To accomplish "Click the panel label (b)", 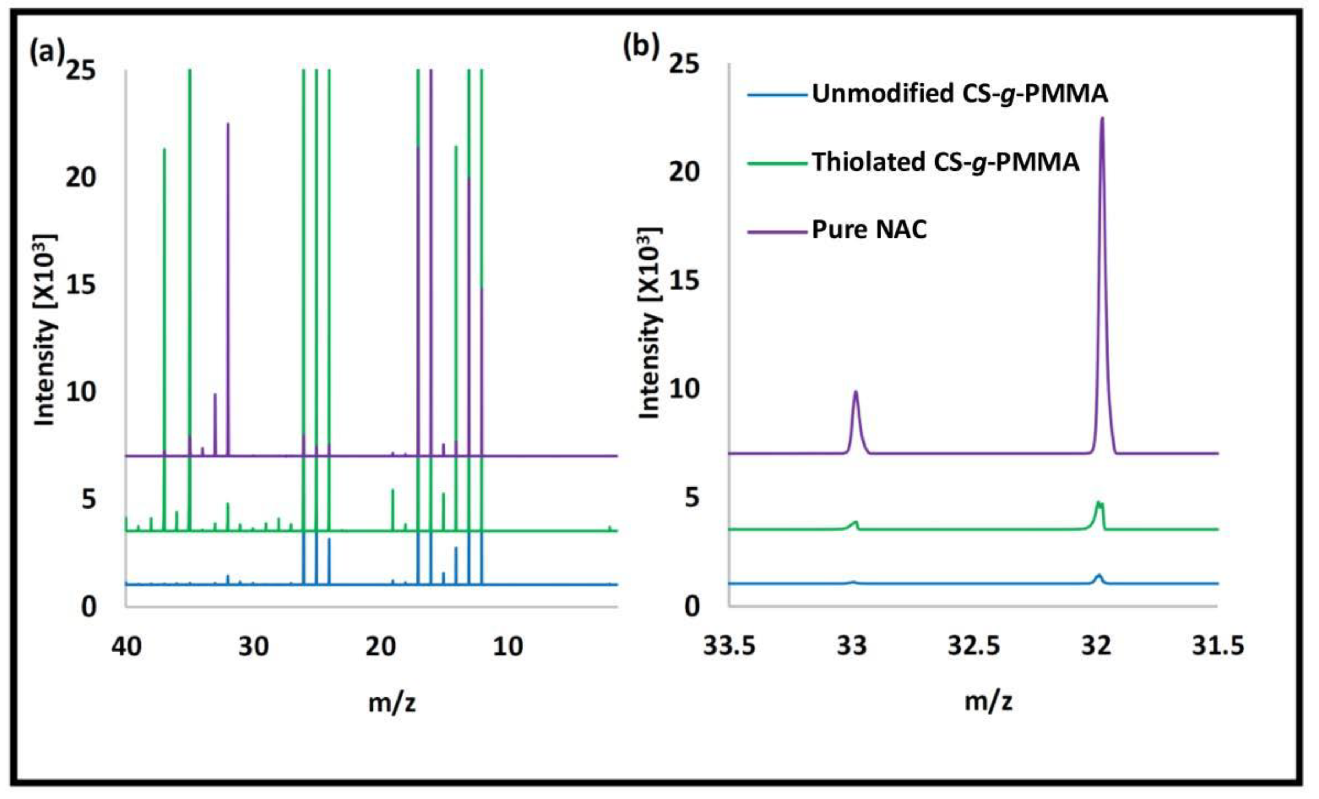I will pos(641,47).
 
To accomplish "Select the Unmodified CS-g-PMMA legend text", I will pos(959,94).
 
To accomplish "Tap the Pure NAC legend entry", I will pos(869,230).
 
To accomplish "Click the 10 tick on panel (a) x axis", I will pos(507,646).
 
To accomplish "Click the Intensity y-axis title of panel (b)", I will pos(649,323).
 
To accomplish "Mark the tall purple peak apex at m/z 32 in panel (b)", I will pos(1102,118).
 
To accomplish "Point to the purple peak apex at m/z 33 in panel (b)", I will pos(855,392).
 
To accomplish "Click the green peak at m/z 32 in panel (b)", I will pos(1098,503).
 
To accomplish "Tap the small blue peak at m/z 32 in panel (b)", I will pos(1099,575).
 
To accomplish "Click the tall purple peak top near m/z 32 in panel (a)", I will pos(228,124).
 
